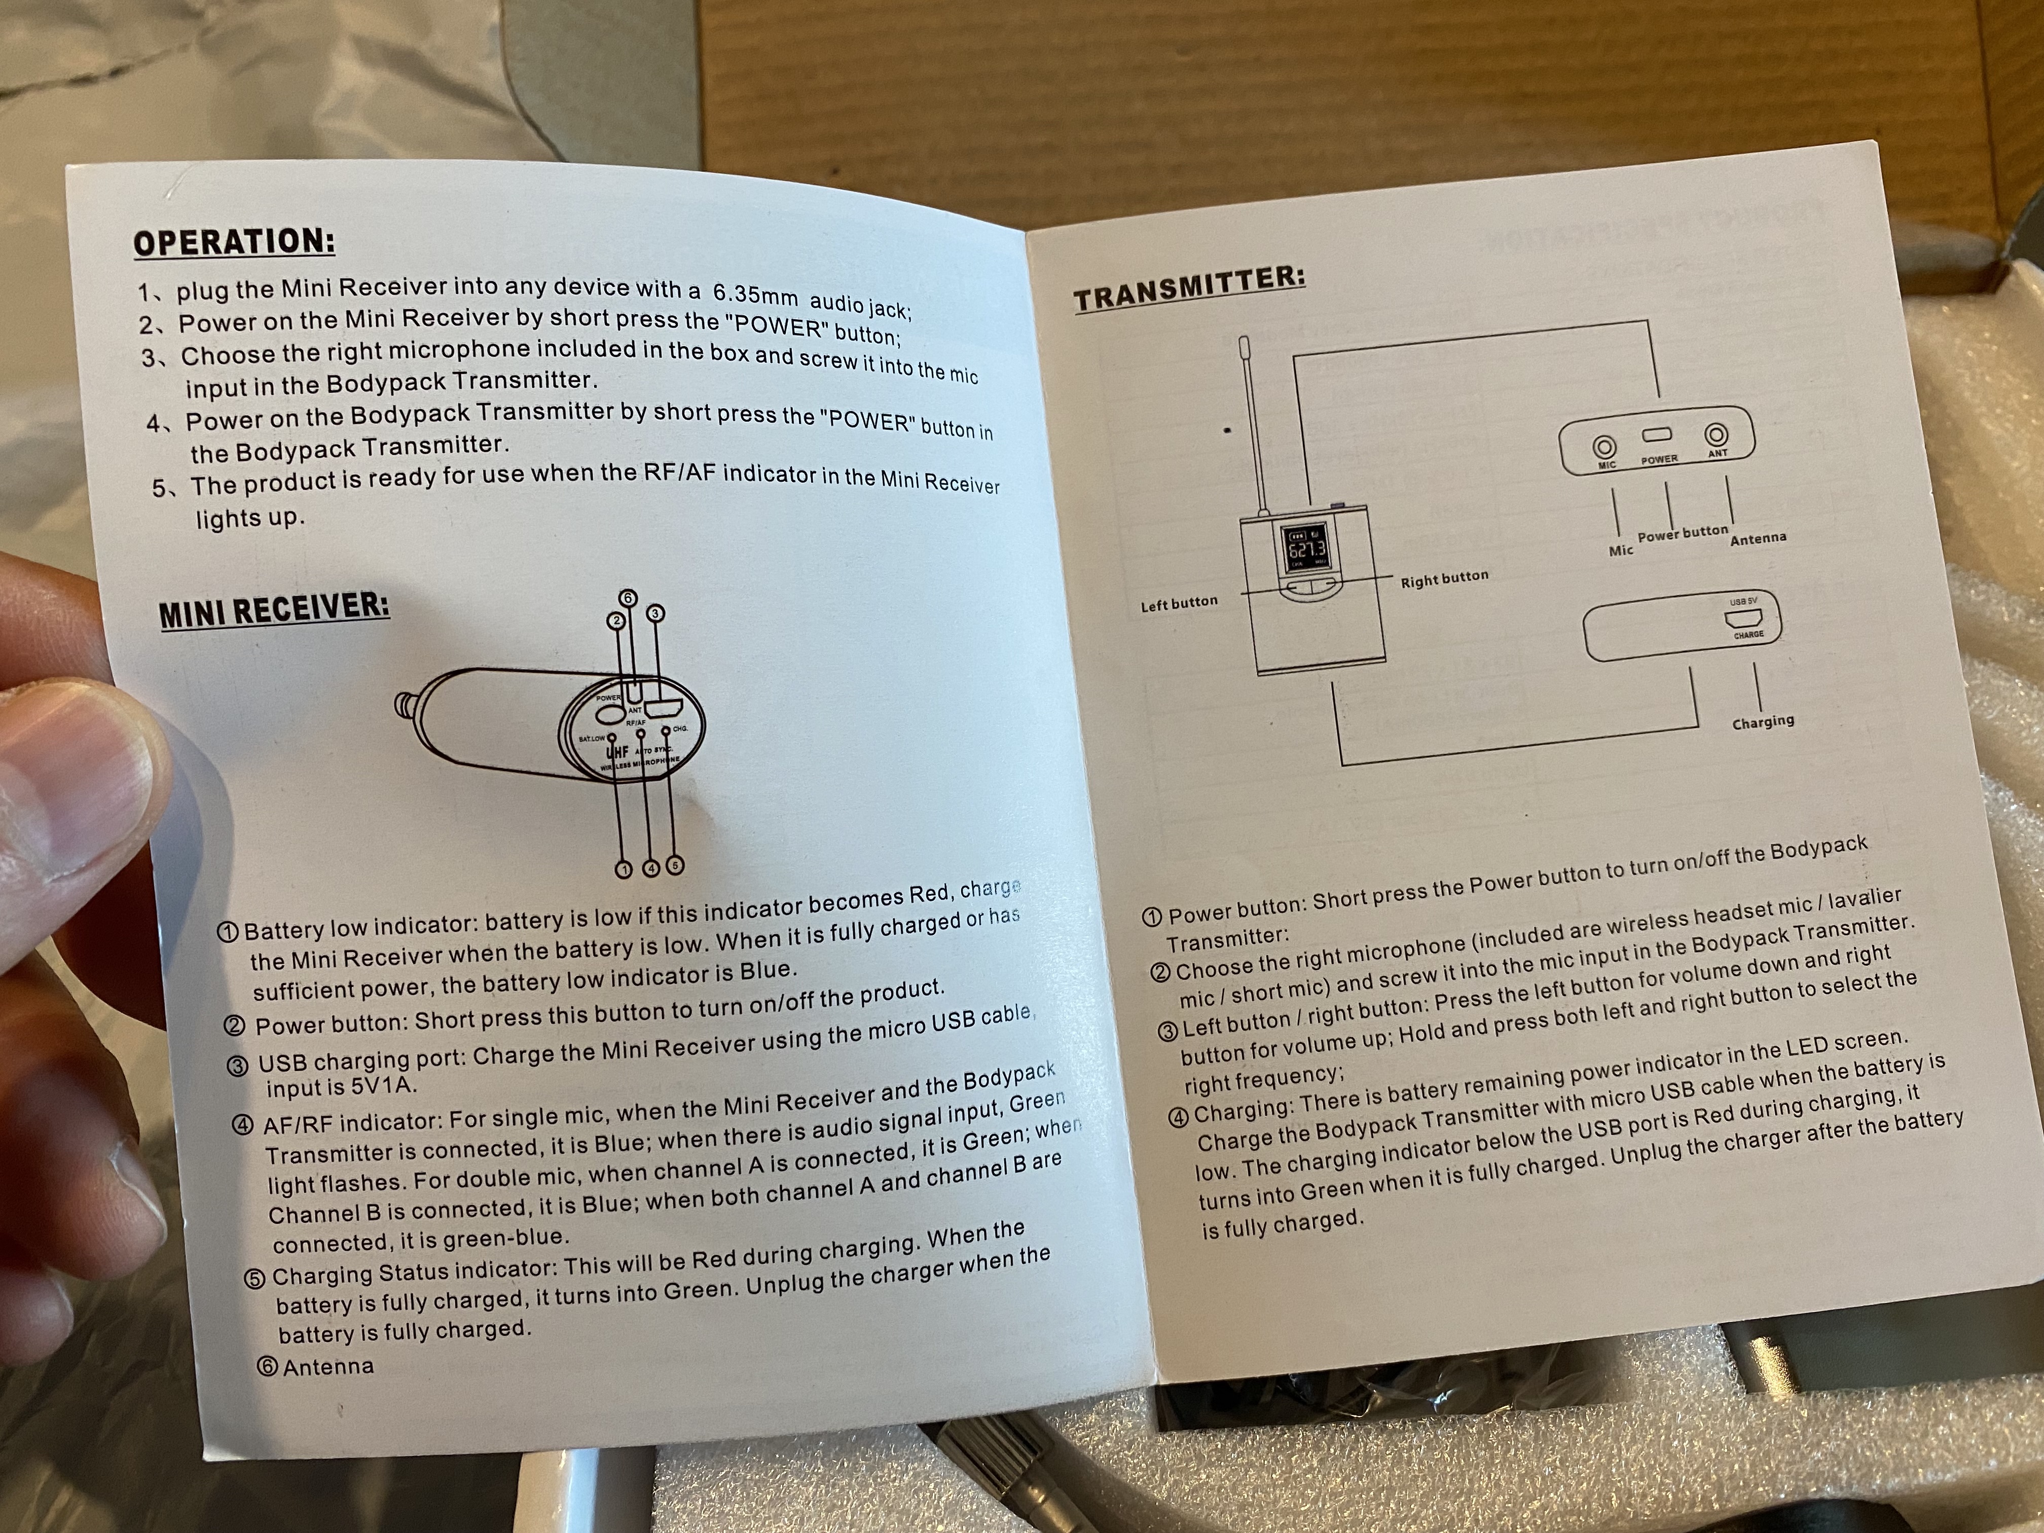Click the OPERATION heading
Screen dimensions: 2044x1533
tap(234, 242)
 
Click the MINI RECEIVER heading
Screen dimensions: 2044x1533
tap(274, 610)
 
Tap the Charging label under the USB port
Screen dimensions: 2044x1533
tap(1762, 721)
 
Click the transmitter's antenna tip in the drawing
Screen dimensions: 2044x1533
tap(1244, 347)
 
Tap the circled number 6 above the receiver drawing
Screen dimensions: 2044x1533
tap(628, 598)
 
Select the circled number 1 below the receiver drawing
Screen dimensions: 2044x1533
tap(625, 868)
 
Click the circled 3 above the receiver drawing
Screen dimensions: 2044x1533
tap(655, 613)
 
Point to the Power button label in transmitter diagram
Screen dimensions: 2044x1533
tap(1682, 533)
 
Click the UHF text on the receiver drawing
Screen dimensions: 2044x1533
tap(616, 751)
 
